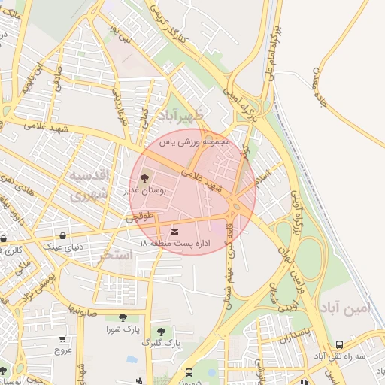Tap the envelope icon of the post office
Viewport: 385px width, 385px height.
(175, 232)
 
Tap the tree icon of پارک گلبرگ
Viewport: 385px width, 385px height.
(159, 331)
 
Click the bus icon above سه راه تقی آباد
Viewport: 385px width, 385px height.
(339, 344)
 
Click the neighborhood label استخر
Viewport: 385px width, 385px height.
(116, 256)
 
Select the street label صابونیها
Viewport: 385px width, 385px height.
(79, 309)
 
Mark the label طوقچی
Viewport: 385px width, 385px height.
(140, 217)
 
